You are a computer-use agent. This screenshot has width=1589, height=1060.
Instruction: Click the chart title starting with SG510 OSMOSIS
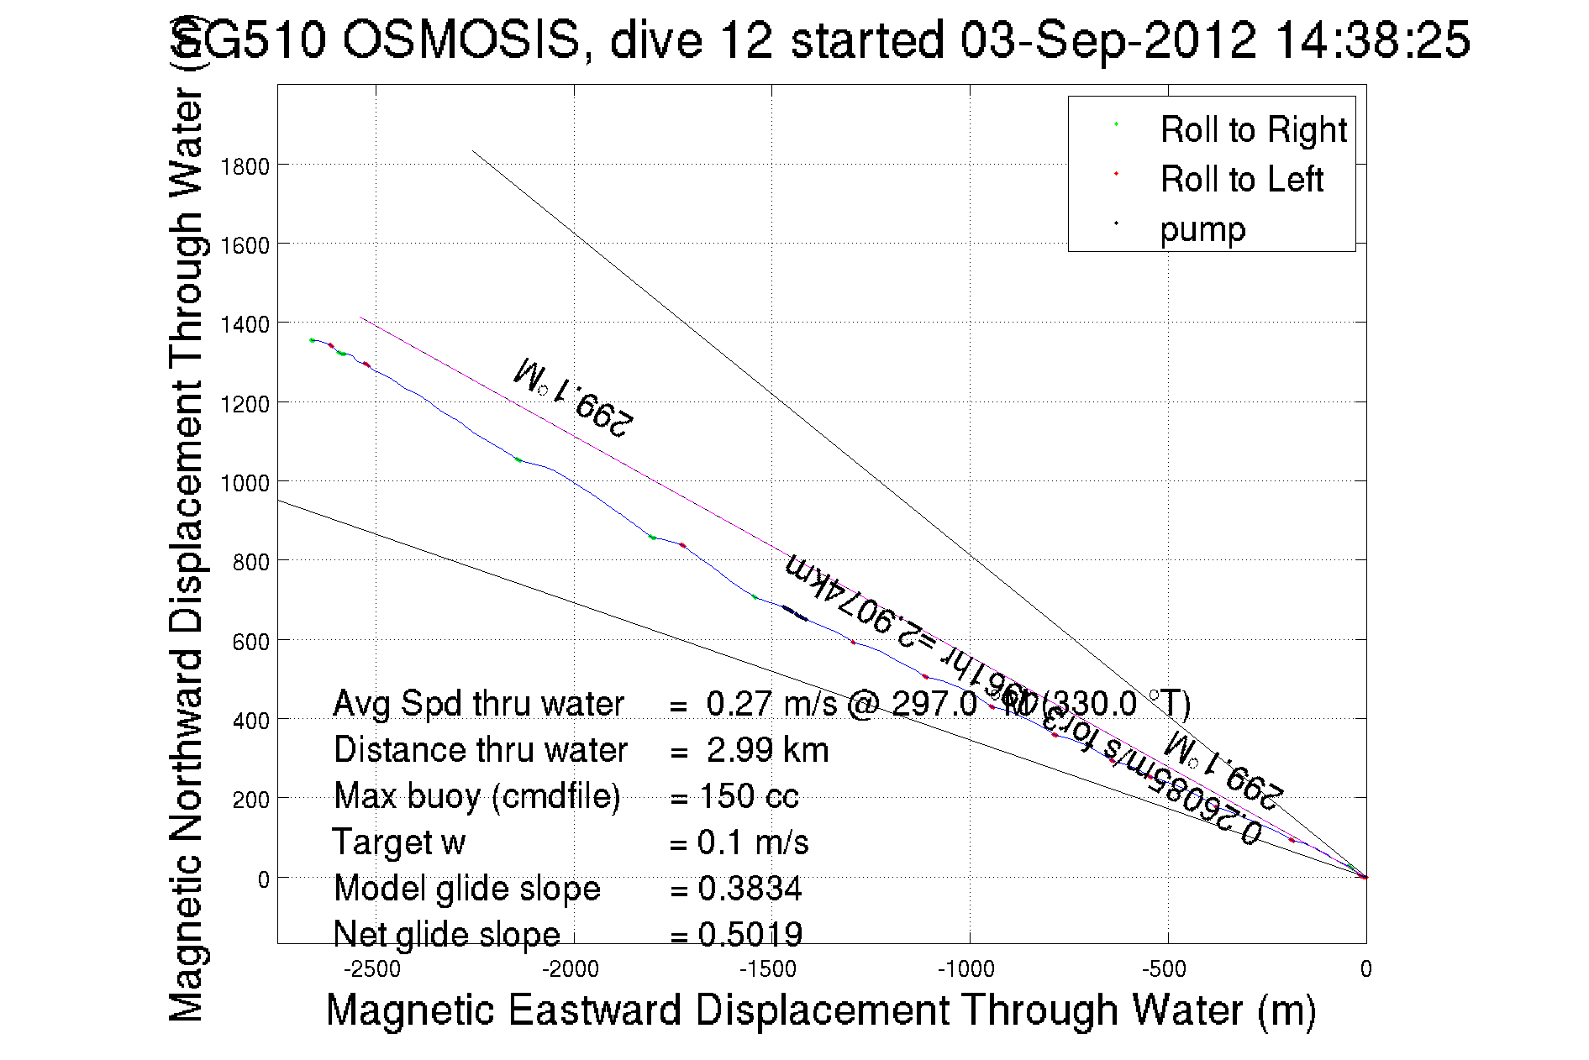[820, 39]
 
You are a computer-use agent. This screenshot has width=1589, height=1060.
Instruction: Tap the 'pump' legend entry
[1202, 229]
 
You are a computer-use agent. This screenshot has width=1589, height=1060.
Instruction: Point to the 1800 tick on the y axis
[245, 166]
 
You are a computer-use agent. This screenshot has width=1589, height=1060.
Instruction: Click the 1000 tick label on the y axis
[245, 483]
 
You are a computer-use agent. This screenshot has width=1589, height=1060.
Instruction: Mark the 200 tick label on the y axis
[250, 800]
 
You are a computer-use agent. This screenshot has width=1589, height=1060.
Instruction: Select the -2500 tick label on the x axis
[372, 969]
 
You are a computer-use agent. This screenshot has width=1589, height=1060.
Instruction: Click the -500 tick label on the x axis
[1165, 969]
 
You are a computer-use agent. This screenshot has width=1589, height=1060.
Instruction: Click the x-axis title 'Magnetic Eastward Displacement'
[820, 1010]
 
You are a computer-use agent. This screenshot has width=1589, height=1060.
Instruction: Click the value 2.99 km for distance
[767, 750]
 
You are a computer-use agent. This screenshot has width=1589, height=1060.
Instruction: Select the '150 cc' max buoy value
[748, 796]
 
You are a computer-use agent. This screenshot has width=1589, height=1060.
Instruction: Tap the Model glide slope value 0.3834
[750, 889]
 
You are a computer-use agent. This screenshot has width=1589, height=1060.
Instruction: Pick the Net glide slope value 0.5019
[750, 934]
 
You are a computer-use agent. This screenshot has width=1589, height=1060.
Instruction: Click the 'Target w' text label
[399, 842]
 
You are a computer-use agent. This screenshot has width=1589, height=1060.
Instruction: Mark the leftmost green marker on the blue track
[313, 340]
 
